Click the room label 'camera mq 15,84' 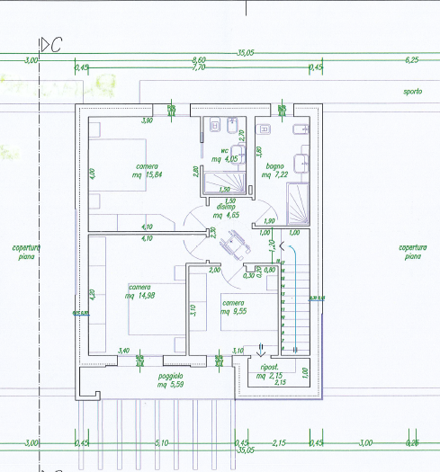pos(148,170)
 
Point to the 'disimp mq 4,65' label pos(225,212)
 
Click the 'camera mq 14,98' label pos(133,291)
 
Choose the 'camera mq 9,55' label pos(234,307)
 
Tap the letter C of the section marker pos(56,45)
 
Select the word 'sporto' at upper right pos(413,92)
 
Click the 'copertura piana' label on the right pos(412,252)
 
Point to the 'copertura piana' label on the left pos(25,252)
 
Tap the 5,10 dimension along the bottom pos(162,442)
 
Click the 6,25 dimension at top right pos(412,59)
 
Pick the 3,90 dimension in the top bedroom pos(147,120)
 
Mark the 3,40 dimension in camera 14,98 pos(124,351)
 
